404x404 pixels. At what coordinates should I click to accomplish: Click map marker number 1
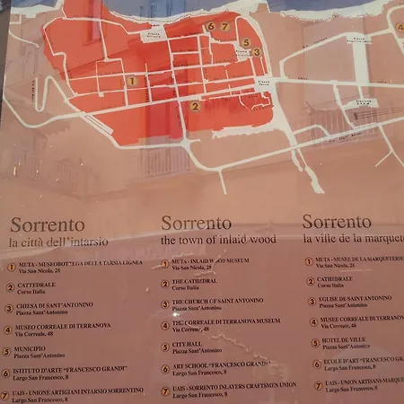(x=132, y=81)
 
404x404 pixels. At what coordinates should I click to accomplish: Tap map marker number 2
(x=195, y=106)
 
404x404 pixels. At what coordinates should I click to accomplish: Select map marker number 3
(x=257, y=52)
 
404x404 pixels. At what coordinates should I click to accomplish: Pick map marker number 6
(x=210, y=27)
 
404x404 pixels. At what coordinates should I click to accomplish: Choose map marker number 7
(x=224, y=27)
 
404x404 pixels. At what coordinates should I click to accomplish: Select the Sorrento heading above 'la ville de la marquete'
(x=337, y=222)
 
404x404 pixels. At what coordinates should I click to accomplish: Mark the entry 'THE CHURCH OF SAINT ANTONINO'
(x=218, y=301)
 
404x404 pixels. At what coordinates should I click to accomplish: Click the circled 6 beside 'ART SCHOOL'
(x=164, y=365)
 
